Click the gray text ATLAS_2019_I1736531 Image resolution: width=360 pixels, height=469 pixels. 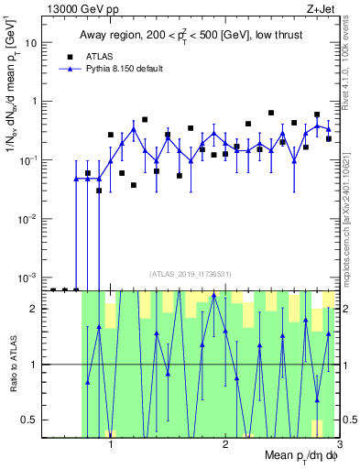191,274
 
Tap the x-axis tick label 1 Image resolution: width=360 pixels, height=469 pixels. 111,446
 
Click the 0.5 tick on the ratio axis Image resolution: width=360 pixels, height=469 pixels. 32,420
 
